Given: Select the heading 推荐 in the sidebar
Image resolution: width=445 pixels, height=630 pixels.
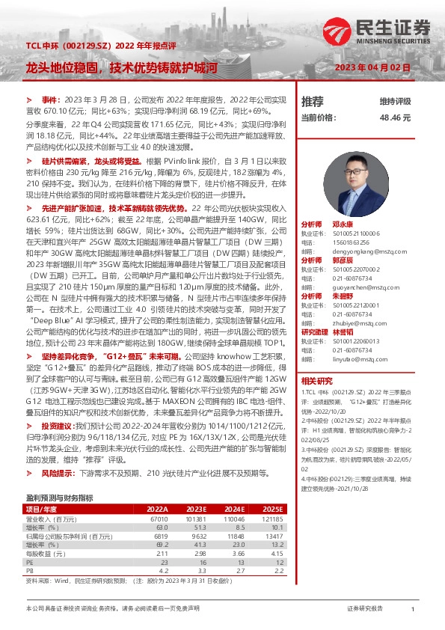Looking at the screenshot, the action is (x=312, y=101).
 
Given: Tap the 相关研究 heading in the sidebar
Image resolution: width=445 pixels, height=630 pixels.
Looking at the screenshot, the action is (x=316, y=381).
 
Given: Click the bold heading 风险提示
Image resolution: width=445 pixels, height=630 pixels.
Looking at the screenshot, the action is (x=57, y=474).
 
